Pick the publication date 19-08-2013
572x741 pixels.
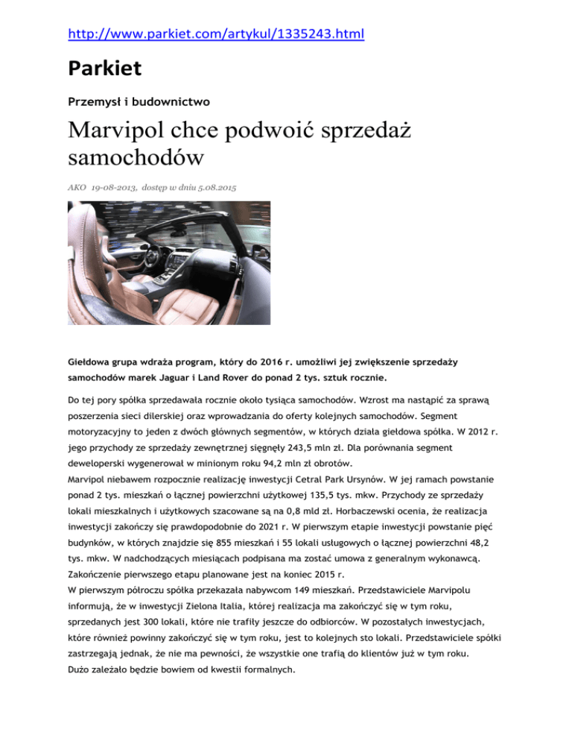116,189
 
